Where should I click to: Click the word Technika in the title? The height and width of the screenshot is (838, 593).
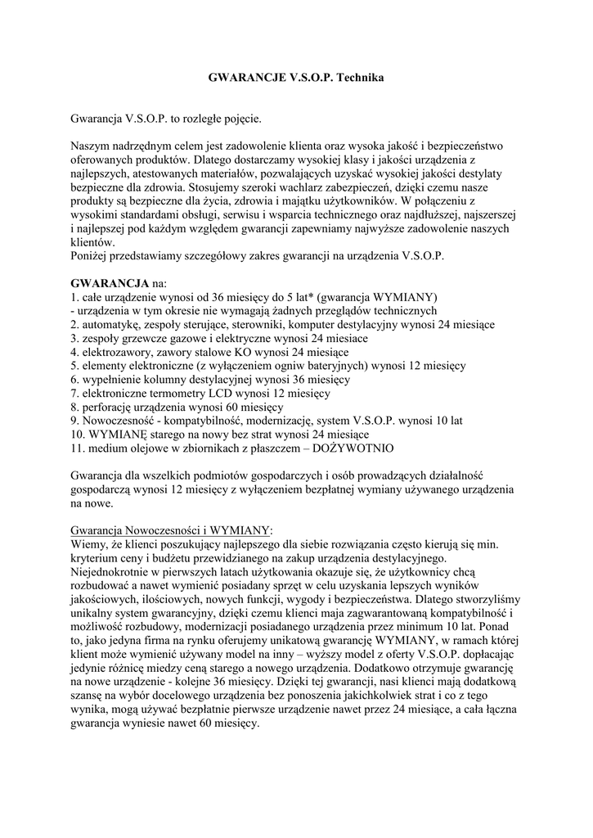point(358,78)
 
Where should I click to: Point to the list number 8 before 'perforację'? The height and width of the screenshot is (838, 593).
point(74,407)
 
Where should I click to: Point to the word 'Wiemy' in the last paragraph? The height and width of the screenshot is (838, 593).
point(89,543)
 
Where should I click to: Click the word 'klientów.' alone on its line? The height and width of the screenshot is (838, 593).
point(94,242)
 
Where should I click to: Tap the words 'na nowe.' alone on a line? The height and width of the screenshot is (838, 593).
point(94,504)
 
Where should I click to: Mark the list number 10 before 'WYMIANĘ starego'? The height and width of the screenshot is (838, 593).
point(78,435)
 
